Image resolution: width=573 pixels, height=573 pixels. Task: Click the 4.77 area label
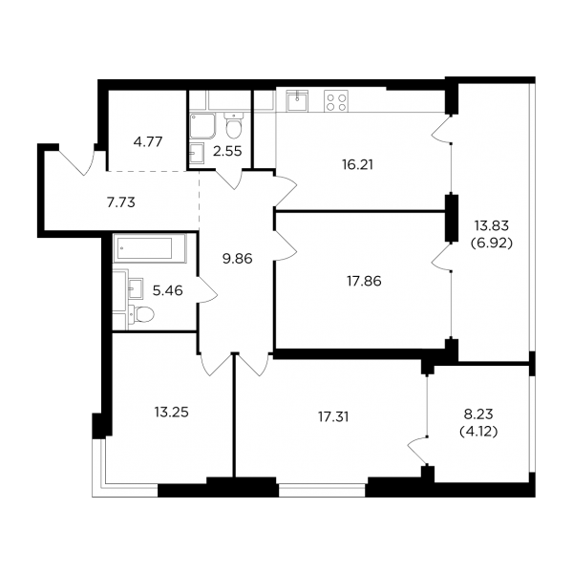point(148,141)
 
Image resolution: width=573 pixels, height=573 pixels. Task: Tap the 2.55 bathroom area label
point(227,151)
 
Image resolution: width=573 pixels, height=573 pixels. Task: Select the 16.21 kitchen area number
point(358,165)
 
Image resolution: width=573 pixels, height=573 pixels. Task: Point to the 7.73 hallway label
point(121,202)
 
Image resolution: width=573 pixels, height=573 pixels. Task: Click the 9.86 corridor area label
point(238,259)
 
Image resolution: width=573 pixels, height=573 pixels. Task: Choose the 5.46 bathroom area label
point(167,291)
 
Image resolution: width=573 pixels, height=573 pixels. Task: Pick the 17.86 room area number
point(365,281)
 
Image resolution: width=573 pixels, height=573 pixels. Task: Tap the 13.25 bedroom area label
point(171,413)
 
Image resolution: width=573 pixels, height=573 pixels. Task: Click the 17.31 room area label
point(333,417)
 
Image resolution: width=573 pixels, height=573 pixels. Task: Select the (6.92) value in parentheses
point(492,243)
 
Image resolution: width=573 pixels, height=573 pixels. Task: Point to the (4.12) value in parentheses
point(478,433)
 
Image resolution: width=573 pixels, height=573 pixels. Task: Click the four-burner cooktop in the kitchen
point(336,101)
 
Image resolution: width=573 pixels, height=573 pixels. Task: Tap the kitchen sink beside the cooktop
point(297,100)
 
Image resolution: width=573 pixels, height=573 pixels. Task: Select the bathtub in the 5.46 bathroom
point(150,248)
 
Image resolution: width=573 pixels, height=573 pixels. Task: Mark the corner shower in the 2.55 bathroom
point(202,126)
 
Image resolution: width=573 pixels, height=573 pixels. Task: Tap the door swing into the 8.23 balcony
point(417,451)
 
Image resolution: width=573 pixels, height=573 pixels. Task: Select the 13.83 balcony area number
point(492,225)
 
